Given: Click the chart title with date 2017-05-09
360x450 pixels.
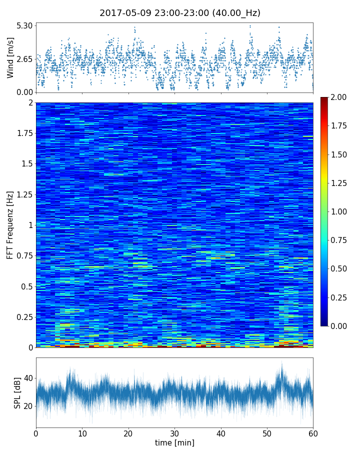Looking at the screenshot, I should (180, 13).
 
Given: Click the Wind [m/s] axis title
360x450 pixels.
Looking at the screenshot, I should (10, 59).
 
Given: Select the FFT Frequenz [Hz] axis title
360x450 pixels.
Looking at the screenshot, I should (10, 225).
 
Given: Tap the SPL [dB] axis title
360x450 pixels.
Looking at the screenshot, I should (17, 392).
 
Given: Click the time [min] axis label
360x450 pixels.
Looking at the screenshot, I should (174, 442).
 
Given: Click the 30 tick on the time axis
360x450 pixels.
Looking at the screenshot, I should (174, 433).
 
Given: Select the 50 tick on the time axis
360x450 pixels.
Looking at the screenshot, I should (267, 433).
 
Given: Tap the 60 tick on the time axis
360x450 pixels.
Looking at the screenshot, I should (313, 433).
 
